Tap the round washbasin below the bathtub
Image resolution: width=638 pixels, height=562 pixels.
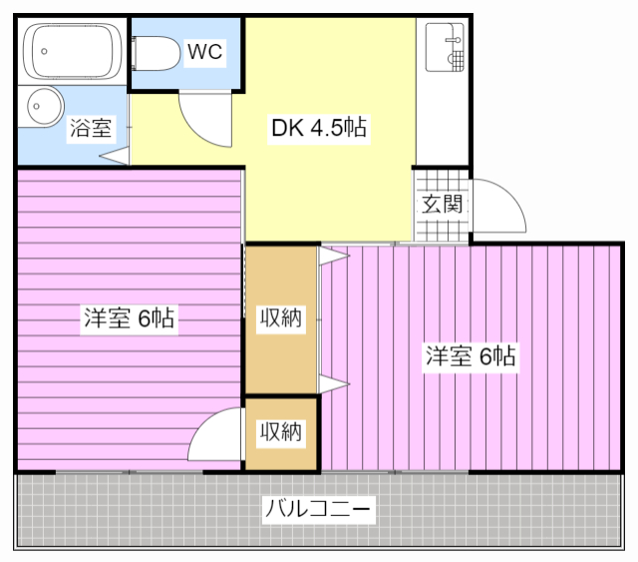pyautogui.click(x=43, y=105)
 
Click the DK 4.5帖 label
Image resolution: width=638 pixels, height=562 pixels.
pyautogui.click(x=319, y=129)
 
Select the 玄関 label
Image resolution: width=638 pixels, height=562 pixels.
pyautogui.click(x=442, y=206)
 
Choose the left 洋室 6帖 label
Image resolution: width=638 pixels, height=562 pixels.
pyautogui.click(x=130, y=319)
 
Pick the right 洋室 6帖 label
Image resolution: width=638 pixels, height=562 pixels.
pyautogui.click(x=471, y=356)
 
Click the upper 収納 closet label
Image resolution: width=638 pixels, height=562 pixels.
pyautogui.click(x=281, y=319)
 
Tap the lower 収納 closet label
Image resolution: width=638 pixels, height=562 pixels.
pyautogui.click(x=281, y=432)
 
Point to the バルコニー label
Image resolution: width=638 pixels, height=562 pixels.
pyautogui.click(x=319, y=510)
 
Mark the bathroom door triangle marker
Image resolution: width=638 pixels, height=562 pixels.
pyautogui.click(x=115, y=157)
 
